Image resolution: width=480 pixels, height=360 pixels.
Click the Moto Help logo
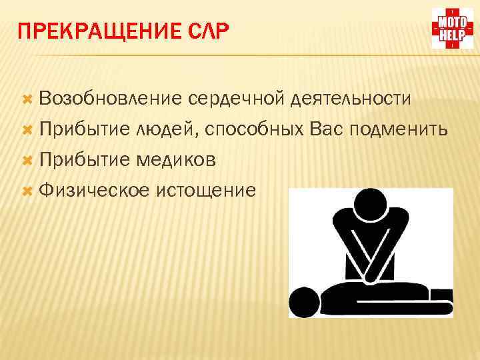451,28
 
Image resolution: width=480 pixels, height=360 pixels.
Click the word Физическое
94,191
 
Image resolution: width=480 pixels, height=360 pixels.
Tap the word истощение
205,191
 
